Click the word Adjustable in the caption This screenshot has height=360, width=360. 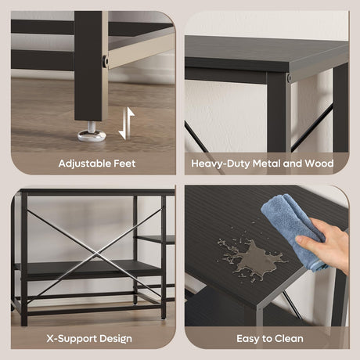(85, 164)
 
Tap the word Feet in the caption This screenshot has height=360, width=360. (124, 164)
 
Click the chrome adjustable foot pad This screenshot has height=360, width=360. (92, 135)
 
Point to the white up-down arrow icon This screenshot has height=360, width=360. (127, 124)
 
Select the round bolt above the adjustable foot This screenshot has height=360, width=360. (105, 61)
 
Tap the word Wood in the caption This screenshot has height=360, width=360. (319, 164)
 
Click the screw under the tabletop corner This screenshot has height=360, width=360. (289, 77)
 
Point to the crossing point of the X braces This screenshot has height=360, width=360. (95, 253)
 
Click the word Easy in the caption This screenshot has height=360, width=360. (248, 339)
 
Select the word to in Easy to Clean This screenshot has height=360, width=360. (267, 339)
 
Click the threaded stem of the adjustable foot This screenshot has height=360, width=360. (92, 127)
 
